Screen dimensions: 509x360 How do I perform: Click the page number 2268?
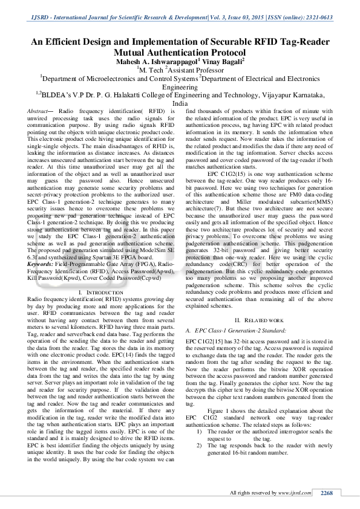click(x=327, y=493)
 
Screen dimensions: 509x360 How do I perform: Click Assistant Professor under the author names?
click(x=188, y=69)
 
